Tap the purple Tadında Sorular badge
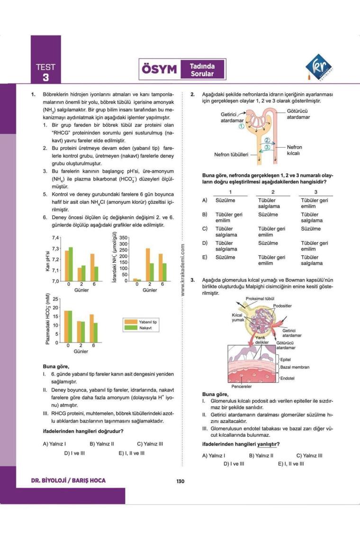coord(202,70)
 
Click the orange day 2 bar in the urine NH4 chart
coord(147,265)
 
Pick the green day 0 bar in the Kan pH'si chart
coord(71,264)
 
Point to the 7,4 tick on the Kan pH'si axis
coord(56,238)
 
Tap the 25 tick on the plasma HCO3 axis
coord(55,299)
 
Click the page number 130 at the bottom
coord(180,481)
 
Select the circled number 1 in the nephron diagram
coord(241,126)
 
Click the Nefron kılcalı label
coord(294,150)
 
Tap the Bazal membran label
coord(295,367)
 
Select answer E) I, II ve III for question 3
coord(291,464)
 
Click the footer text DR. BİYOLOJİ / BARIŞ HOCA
coord(68,481)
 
